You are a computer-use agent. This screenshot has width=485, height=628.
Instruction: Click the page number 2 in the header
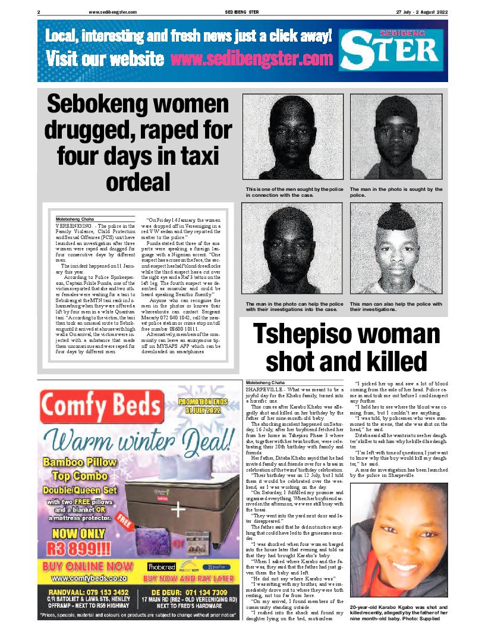pyautogui.click(x=39, y=11)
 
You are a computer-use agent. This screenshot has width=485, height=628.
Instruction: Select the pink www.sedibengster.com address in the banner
pyautogui.click(x=251, y=59)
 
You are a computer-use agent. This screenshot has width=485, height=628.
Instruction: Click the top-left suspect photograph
pyautogui.click(x=291, y=138)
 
